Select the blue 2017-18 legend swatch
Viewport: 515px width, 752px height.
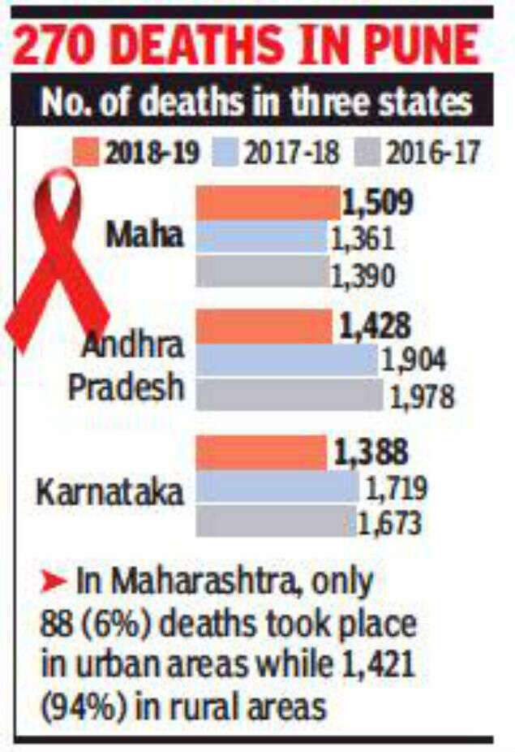pos(228,153)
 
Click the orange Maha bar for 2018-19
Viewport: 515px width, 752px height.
pos(268,203)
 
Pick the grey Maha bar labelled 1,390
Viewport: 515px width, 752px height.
pos(262,271)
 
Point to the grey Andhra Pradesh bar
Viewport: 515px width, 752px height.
pos(290,395)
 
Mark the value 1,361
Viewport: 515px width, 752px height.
pos(363,238)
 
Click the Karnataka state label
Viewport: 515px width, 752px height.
pos(110,492)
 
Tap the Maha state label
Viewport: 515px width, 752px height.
pos(145,236)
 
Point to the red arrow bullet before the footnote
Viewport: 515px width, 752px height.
pos(54,581)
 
